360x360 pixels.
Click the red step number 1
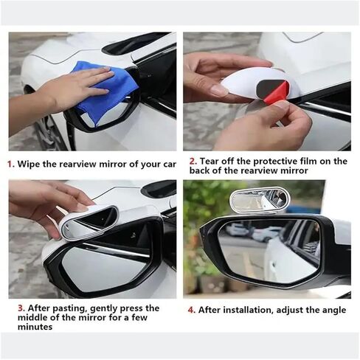click(x=10, y=164)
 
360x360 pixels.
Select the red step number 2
click(x=193, y=162)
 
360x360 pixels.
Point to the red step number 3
click(x=21, y=308)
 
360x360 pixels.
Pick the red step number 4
click(x=191, y=310)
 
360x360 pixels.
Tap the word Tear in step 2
click(x=210, y=162)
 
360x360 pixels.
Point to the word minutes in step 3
click(x=35, y=327)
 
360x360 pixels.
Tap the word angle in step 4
click(x=334, y=311)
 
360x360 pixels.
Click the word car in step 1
click(x=170, y=165)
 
